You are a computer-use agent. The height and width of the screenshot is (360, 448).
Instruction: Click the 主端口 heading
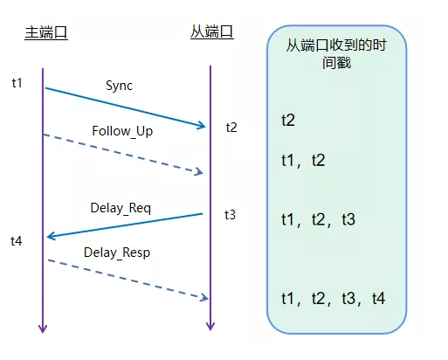pyautogui.click(x=45, y=33)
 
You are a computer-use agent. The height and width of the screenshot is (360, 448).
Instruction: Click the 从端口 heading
pyautogui.click(x=212, y=32)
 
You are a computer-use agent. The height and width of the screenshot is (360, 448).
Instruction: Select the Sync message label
pyautogui.click(x=121, y=86)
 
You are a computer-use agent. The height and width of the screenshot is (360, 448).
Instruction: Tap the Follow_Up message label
pyautogui.click(x=121, y=131)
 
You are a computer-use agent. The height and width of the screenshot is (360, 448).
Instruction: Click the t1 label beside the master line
pyautogui.click(x=17, y=82)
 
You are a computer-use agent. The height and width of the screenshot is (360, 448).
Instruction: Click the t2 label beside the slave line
pyautogui.click(x=231, y=127)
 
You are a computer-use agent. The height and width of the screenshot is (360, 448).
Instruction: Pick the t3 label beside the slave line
pyautogui.click(x=230, y=214)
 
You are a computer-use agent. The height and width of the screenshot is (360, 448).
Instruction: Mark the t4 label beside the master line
pyautogui.click(x=17, y=239)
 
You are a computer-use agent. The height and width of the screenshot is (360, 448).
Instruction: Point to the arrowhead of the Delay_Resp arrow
pyautogui.click(x=203, y=299)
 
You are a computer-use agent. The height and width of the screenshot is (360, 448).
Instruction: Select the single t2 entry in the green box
pyautogui.click(x=288, y=119)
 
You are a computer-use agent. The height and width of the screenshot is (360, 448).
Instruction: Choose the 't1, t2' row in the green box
pyautogui.click(x=303, y=161)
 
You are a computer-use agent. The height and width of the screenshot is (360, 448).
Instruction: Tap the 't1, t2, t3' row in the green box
pyautogui.click(x=318, y=219)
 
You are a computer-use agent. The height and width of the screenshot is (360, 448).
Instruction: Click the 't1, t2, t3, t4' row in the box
pyautogui.click(x=333, y=299)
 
